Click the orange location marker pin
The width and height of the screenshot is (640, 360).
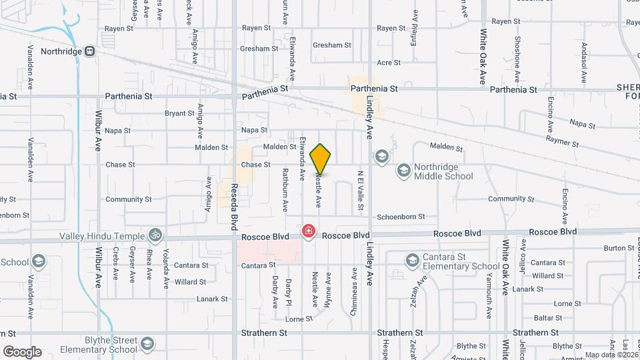pos(321,159)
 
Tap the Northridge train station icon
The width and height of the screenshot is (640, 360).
pos(89,51)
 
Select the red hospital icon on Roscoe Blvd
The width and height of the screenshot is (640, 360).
pos(309,231)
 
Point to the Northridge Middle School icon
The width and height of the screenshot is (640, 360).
pos(403,171)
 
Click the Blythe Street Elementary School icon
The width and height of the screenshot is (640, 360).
pos(147,344)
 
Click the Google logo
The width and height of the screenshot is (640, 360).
pos(22,351)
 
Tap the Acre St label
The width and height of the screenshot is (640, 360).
pos(388,63)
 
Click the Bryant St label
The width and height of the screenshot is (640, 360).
pos(179,113)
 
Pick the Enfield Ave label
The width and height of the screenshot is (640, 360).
pos(415,25)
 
